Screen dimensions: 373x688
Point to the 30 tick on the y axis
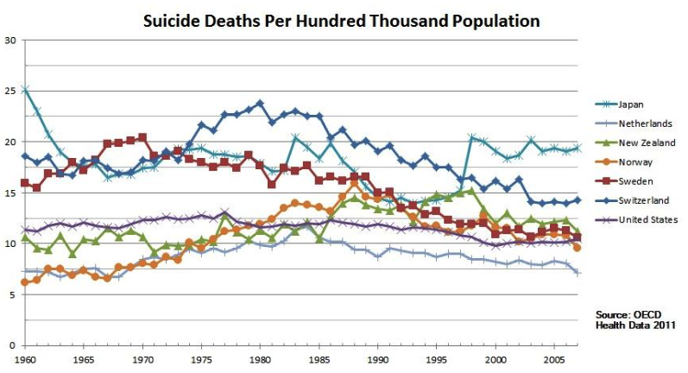coord(10,40)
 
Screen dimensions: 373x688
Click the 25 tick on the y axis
coord(10,91)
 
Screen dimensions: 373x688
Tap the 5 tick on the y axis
coord(12,294)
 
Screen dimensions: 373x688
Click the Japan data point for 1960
coord(25,89)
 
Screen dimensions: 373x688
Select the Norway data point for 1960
coord(25,282)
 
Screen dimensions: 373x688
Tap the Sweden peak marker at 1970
coord(142,137)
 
